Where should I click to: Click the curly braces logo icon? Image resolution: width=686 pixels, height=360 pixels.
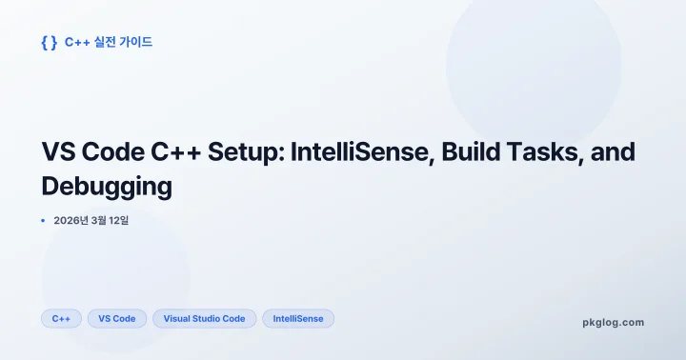point(50,43)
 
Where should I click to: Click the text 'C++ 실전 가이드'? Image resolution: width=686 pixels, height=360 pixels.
point(109,43)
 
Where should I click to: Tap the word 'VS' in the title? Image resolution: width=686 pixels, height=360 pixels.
point(59,152)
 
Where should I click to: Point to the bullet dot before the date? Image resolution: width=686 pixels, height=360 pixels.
point(43,221)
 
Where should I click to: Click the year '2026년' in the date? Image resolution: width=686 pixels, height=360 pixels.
point(71,221)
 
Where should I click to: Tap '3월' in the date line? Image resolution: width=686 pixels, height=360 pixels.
point(103,221)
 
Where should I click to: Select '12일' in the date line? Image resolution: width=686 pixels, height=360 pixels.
point(129,221)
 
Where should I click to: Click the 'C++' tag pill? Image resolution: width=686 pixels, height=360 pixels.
point(61,319)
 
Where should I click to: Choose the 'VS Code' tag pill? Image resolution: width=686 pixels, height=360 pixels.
point(117,319)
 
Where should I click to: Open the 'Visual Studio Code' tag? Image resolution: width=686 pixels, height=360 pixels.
point(204,319)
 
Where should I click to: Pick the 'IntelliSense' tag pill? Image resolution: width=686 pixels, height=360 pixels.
point(298,319)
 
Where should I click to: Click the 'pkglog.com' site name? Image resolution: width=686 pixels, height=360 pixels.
point(613,322)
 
